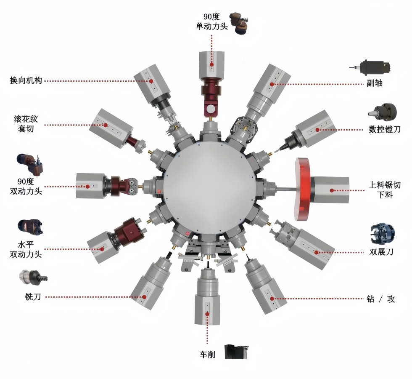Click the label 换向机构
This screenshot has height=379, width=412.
point(26,80)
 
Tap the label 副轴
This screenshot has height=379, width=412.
point(375,83)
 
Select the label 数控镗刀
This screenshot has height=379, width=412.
point(384,129)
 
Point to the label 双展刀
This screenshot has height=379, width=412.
point(381,252)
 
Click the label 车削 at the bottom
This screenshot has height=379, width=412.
point(207,354)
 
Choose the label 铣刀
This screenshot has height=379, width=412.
point(33,296)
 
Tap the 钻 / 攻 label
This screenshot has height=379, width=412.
point(381,299)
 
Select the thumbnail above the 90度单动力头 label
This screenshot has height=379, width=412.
point(239,23)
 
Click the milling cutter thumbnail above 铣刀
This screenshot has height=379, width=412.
point(33,277)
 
